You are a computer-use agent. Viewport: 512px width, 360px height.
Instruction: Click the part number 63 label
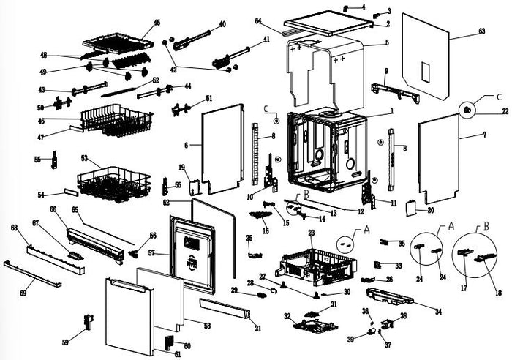[482, 31]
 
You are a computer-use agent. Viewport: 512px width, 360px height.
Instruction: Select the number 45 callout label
[156, 22]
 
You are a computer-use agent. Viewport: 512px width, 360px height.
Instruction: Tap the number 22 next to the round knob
[505, 111]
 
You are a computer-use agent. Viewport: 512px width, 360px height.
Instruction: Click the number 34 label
[439, 312]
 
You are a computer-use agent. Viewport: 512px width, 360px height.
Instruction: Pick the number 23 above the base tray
[311, 233]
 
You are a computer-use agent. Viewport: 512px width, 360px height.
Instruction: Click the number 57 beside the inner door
[153, 252]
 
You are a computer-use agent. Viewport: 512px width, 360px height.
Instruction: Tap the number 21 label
[257, 329]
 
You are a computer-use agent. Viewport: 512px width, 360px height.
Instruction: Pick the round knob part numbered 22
[467, 109]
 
